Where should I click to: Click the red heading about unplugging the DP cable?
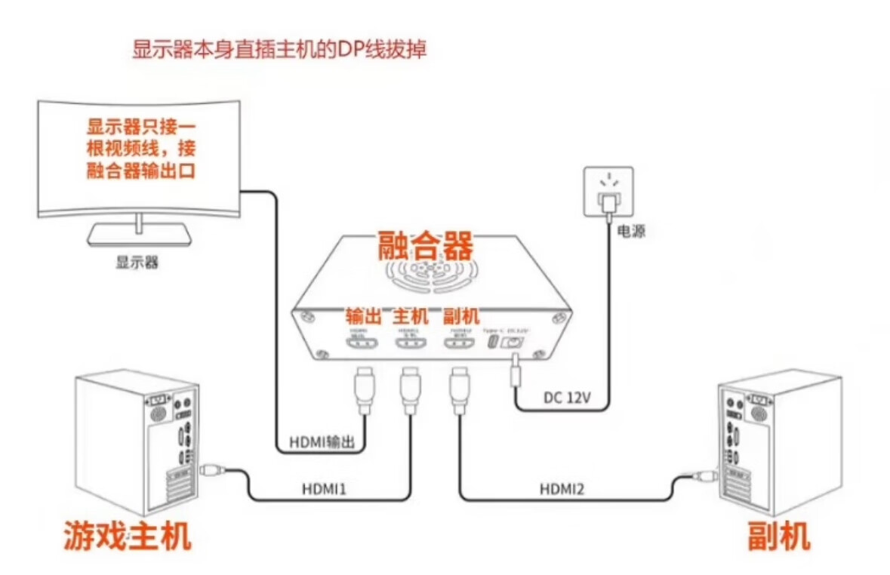click(280, 51)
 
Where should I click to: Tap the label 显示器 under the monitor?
click(137, 263)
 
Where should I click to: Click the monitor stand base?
click(139, 236)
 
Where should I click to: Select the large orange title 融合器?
click(426, 246)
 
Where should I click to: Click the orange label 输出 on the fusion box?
click(364, 316)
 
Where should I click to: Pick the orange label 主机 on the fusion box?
click(411, 316)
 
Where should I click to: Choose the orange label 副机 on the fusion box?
click(459, 316)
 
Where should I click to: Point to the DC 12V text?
click(568, 398)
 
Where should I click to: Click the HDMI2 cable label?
click(562, 489)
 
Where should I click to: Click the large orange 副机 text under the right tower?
click(779, 537)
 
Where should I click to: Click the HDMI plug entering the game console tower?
click(212, 472)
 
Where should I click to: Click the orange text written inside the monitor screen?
click(141, 149)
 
